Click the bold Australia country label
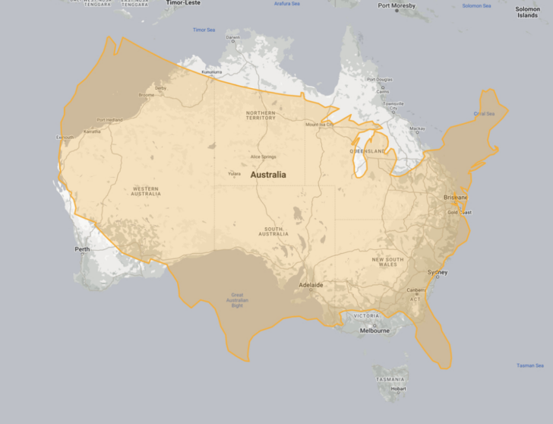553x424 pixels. point(268,175)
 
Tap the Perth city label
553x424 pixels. point(82,249)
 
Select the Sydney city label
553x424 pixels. point(438,272)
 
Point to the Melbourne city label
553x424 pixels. point(374,331)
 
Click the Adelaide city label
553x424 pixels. point(311,285)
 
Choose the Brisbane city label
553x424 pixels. point(456,198)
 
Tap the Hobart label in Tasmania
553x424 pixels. point(399,388)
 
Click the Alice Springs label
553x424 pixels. point(264,157)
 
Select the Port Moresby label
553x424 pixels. point(397,6)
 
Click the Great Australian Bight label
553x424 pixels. point(237,299)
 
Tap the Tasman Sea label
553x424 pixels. point(530,365)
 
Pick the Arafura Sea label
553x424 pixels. point(287,4)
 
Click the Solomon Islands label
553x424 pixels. point(528,12)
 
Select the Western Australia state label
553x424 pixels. point(146,191)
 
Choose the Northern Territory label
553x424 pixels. point(261,115)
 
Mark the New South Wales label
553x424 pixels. point(388,261)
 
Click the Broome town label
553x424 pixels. point(146,95)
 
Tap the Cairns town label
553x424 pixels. point(382,91)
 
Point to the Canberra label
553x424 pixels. point(416,290)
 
